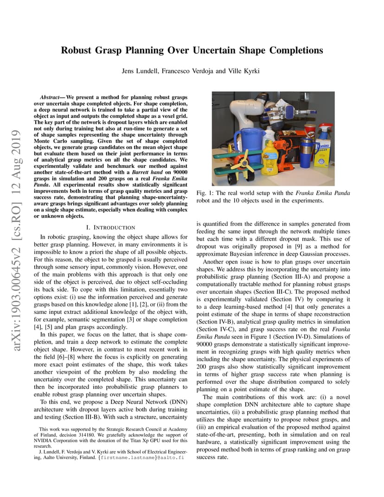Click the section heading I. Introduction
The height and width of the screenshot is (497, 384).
click(111, 227)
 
